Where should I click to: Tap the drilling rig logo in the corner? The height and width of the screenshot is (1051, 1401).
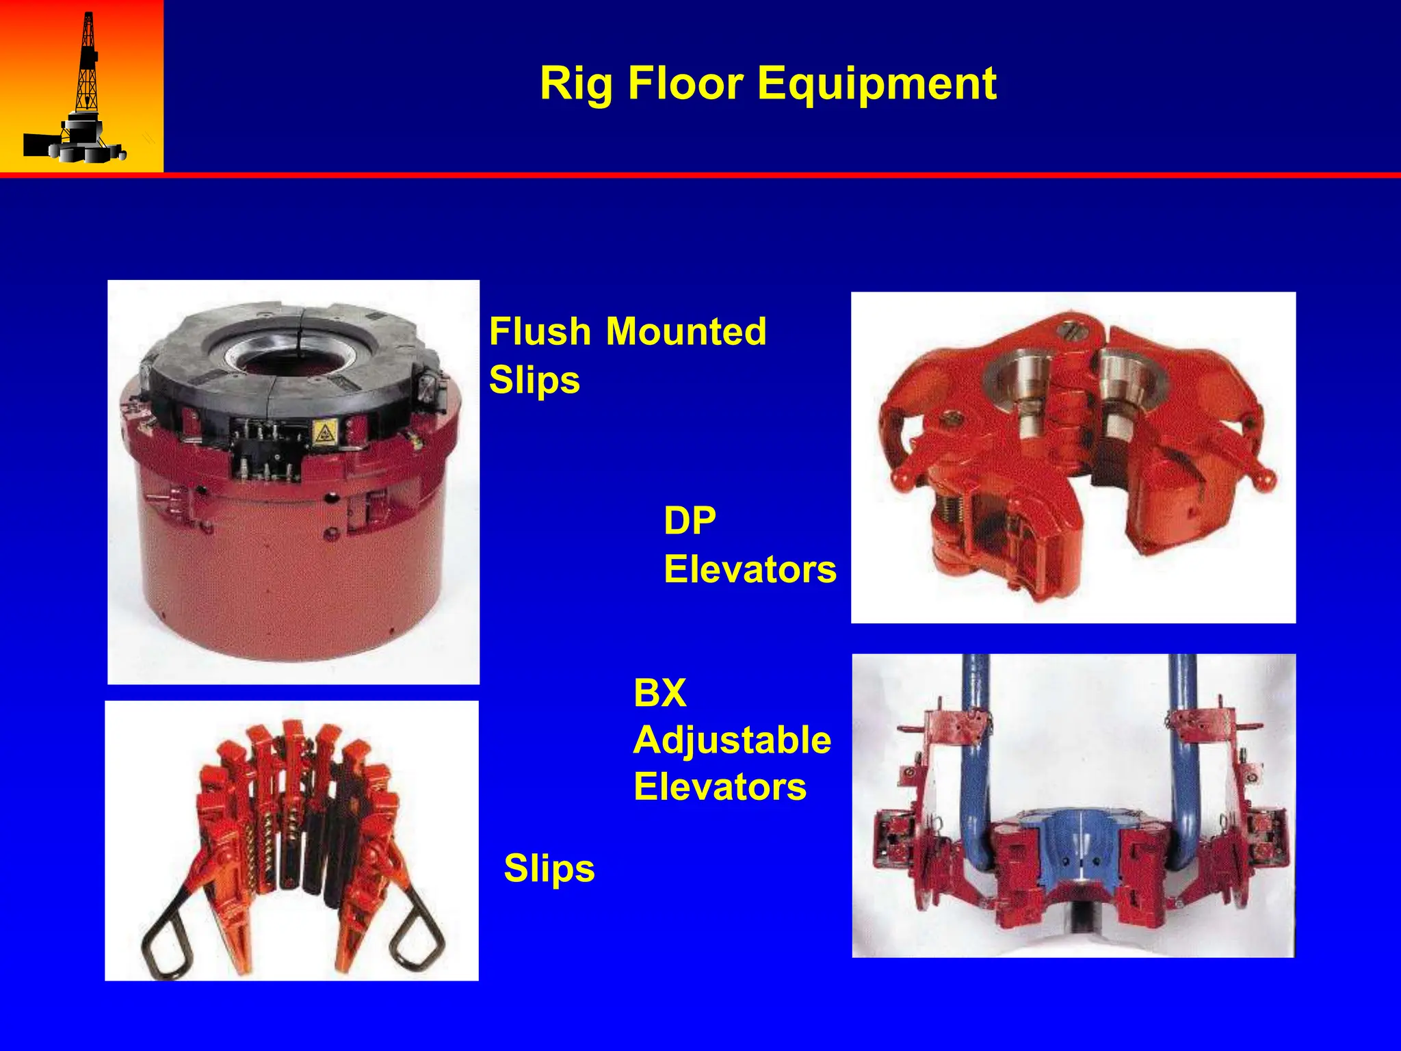(81, 89)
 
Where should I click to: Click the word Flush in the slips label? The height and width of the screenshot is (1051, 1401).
(540, 332)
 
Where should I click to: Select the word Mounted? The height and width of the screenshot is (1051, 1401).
(686, 332)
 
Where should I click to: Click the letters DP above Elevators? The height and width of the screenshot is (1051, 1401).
(690, 521)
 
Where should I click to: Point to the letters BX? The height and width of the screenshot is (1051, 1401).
(659, 692)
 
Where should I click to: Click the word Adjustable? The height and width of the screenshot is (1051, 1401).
(732, 740)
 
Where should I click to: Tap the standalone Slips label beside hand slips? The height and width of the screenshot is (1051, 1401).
(549, 868)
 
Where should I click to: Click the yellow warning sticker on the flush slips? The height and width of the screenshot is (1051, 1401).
(323, 432)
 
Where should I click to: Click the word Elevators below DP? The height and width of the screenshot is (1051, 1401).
(750, 569)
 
